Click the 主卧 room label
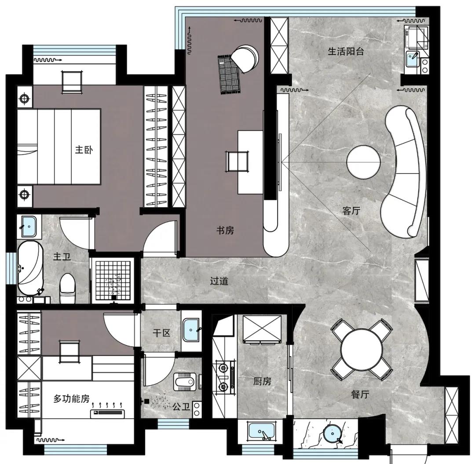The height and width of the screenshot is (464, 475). [84, 150]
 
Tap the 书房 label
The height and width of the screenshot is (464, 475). [225, 231]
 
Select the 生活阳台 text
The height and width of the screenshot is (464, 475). [346, 51]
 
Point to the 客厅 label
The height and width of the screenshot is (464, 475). [351, 210]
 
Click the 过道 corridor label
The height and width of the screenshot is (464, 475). [219, 281]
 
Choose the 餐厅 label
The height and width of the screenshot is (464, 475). [360, 394]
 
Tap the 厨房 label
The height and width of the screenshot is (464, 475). [262, 381]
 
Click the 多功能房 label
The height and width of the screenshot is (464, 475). [72, 398]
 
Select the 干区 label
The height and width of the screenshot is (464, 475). [161, 333]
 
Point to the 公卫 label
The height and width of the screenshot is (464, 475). [181, 407]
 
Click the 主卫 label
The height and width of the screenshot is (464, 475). [62, 257]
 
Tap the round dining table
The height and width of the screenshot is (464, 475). [362, 350]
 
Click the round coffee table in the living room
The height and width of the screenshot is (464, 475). [363, 162]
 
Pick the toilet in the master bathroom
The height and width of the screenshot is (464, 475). [67, 288]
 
